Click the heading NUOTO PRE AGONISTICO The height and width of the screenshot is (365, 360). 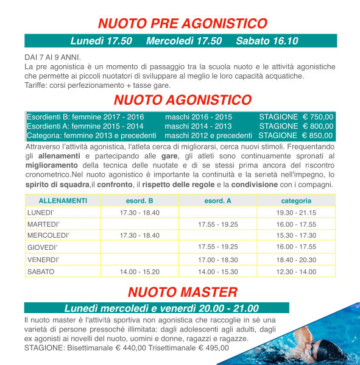point(183,24)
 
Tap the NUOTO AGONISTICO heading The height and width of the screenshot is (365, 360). point(183,100)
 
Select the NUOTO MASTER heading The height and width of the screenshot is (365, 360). point(183,292)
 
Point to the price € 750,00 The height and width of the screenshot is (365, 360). point(318,116)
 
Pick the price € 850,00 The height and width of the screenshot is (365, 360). point(317,135)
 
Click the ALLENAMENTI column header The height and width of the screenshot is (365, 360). point(63,200)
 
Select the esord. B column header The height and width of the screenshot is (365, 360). point(139,200)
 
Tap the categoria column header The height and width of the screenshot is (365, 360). point(296,200)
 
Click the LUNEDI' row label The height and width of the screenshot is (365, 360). point(41,212)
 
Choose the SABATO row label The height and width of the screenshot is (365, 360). point(41,271)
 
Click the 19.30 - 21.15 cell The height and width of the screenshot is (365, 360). point(296,212)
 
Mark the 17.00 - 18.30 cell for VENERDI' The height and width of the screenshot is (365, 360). point(217,260)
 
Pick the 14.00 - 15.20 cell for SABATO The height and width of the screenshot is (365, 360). point(139,271)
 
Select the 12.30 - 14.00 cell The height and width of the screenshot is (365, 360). point(296,271)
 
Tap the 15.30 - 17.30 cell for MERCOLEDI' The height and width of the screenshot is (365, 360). point(296,235)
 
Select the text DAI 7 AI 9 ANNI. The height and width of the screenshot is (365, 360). point(48,57)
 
